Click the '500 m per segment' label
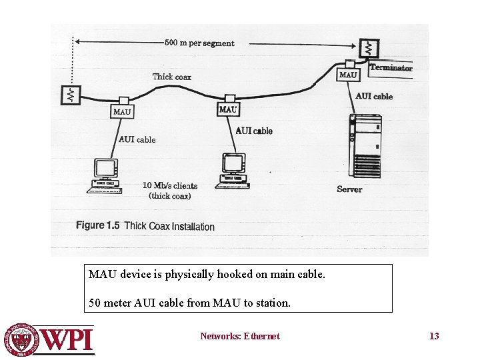click(200, 43)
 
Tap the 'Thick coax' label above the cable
click(171, 77)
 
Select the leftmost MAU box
click(122, 111)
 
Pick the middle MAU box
click(228, 109)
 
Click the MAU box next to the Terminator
click(348, 75)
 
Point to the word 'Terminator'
click(391, 67)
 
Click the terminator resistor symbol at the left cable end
click(69, 95)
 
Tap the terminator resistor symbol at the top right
click(367, 48)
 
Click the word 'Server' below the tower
click(349, 189)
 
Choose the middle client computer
click(233, 171)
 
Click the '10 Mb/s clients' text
click(170, 185)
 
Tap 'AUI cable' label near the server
click(374, 97)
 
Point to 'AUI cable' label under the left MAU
click(137, 139)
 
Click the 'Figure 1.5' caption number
click(97, 225)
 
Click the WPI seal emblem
click(22, 339)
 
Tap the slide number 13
click(434, 336)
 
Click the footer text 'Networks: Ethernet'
click(240, 336)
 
